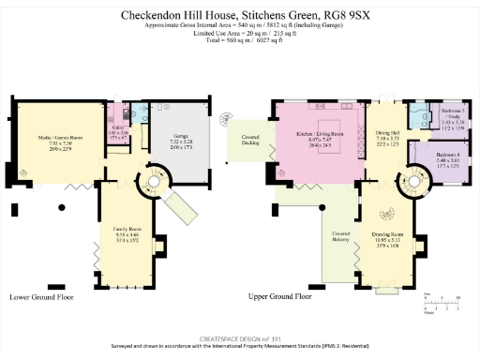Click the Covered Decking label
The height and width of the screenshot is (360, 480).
tap(248, 139)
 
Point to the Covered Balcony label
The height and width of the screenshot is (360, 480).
tap(340, 236)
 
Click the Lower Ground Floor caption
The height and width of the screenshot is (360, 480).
tap(41, 296)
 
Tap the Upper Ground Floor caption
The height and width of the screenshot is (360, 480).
tap(279, 296)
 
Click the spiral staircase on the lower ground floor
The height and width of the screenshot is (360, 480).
tap(148, 178)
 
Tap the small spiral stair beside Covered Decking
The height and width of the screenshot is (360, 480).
tap(225, 117)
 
